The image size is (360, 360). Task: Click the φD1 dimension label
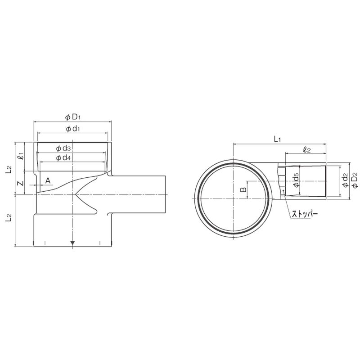pos(73,117)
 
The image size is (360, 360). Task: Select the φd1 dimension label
pos(73,129)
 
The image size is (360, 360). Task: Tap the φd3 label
pos(63,148)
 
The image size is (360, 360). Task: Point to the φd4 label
pos(63,158)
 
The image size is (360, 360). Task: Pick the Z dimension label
pos(21,183)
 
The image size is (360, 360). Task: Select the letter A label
pos(48,181)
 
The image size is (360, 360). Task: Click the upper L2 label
pos(9,169)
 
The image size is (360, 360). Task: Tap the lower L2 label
pos(9,218)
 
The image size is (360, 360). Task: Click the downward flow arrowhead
pos(72,243)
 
